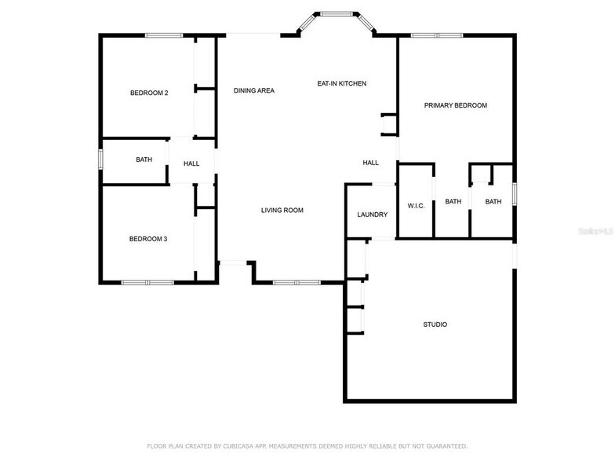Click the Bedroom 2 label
[149, 93]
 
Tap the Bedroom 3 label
[149, 239]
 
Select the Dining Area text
[254, 90]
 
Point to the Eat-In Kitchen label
[341, 83]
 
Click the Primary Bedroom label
[456, 105]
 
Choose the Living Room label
[282, 210]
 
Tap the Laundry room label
[373, 214]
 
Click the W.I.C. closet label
[416, 206]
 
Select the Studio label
[435, 324]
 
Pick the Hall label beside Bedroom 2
[191, 163]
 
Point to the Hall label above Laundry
[370, 163]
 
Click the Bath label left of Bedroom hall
[144, 159]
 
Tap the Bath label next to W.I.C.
[453, 202]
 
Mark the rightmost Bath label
[493, 202]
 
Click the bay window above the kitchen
[337, 14]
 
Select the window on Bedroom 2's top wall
[164, 35]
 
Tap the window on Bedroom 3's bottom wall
[147, 282]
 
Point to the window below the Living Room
[296, 282]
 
